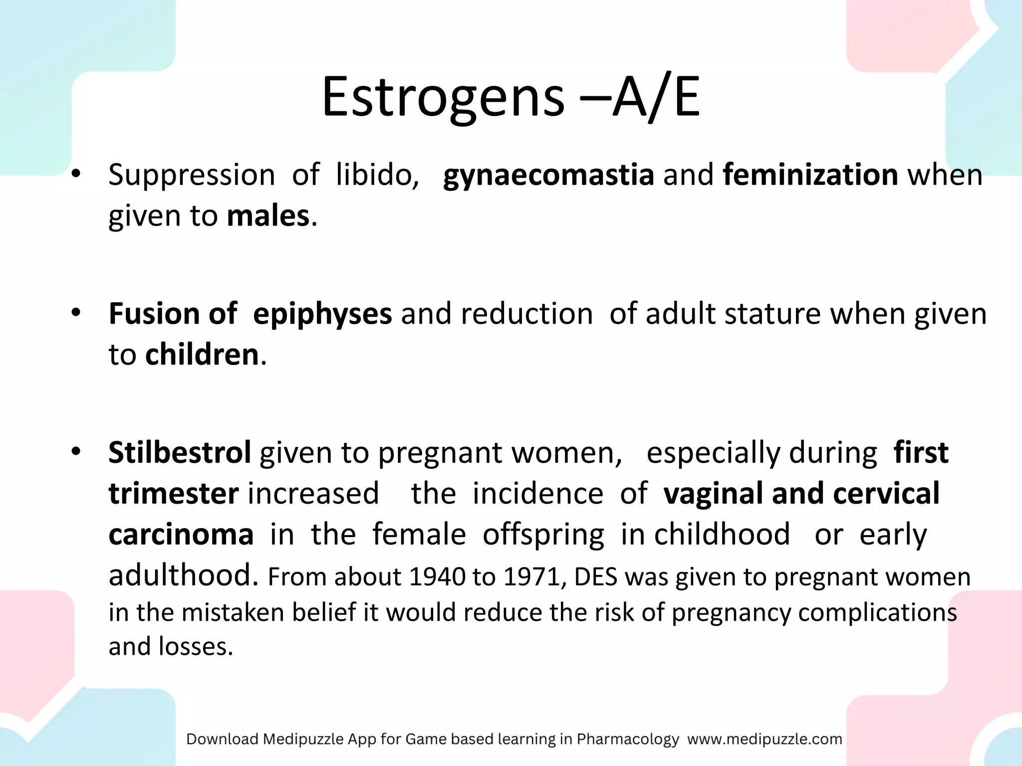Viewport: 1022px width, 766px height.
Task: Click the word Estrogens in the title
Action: (443, 97)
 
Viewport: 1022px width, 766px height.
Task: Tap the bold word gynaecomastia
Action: (548, 175)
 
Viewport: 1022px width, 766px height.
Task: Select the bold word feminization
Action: (810, 175)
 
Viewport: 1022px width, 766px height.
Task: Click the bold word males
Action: (268, 216)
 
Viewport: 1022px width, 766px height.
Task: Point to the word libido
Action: (377, 175)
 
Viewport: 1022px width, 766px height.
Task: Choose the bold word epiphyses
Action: (322, 314)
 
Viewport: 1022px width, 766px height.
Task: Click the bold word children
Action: (202, 355)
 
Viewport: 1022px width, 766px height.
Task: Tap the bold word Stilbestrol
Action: (180, 452)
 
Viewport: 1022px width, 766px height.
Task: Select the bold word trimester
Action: (174, 493)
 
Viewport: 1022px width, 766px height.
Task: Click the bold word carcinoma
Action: (181, 534)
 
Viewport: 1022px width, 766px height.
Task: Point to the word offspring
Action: (543, 535)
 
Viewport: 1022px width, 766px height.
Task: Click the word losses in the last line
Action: (196, 647)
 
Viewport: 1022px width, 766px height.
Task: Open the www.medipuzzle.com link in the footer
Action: (765, 739)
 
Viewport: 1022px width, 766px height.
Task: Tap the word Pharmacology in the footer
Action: (628, 739)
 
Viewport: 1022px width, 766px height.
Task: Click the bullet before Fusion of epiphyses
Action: (76, 313)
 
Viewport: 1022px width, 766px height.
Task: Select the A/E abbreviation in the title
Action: (656, 97)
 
